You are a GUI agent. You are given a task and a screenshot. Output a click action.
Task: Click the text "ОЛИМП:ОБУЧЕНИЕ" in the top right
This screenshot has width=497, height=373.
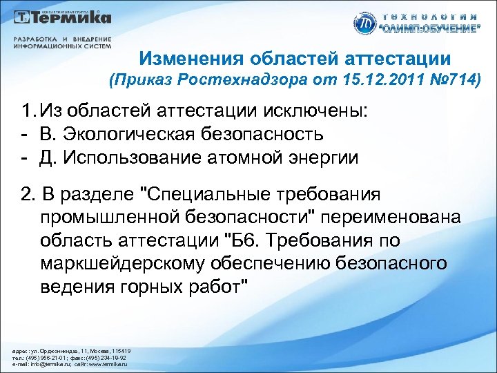[x=432, y=28]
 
